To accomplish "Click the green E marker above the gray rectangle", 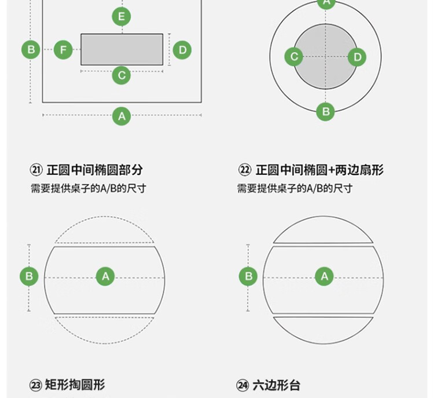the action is (x=122, y=17).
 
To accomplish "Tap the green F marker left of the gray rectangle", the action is (x=63, y=50).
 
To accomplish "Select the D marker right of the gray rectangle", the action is (x=182, y=50).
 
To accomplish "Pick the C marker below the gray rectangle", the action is (x=122, y=75).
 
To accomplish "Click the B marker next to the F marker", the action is (x=31, y=50).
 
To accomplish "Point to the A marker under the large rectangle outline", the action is (x=122, y=116).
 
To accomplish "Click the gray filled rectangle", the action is (x=122, y=50).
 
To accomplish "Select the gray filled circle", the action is (x=325, y=57).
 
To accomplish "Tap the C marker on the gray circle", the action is (x=294, y=57).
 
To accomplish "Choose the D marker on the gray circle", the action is (x=357, y=57).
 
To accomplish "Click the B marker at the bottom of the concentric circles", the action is (x=325, y=112).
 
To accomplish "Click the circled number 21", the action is (x=36, y=170).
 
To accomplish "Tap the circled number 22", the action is (x=245, y=170).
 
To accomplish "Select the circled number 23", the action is (x=36, y=385).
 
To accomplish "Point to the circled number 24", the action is (x=242, y=385).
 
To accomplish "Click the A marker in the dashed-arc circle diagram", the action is (x=105, y=276).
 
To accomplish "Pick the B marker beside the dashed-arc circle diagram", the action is (x=29, y=276).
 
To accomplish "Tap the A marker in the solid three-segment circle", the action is (x=325, y=276).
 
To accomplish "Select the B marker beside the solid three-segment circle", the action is (x=248, y=276).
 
